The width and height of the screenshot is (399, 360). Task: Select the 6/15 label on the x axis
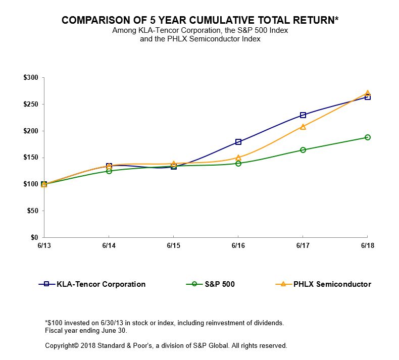173,245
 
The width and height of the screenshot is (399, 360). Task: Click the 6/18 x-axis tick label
367,245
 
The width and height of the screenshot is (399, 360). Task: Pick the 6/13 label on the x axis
44,245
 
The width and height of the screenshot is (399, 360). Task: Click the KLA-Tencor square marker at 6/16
238,142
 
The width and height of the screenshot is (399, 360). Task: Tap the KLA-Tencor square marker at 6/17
303,115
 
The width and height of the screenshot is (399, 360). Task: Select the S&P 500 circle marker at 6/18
368,137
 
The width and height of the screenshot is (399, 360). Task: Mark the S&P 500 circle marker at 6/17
303,150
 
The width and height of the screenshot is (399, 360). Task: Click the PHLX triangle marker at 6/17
303,127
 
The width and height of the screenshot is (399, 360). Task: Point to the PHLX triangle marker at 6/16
238,158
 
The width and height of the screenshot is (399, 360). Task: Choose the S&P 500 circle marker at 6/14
109,171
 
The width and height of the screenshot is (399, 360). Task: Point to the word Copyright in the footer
62,346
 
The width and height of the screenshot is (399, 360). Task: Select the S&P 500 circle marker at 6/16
238,164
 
